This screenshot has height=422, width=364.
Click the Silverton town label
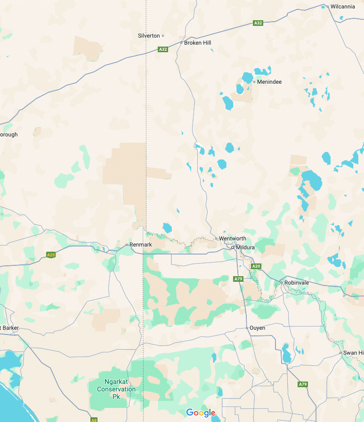[149, 36]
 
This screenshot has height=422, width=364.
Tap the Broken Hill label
[197, 43]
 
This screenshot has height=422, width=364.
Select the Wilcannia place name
[342, 7]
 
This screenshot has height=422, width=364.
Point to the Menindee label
[269, 82]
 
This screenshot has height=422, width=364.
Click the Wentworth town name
[232, 239]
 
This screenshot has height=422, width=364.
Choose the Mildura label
[245, 247]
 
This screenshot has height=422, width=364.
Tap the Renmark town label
[141, 245]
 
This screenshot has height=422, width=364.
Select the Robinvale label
[296, 282]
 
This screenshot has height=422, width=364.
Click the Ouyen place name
[257, 328]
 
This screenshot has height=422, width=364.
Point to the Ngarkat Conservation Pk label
[116, 389]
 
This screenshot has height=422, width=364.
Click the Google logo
[201, 413]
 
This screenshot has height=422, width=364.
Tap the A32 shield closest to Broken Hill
[163, 49]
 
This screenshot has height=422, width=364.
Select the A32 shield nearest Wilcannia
[258, 23]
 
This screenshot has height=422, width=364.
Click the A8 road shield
[94, 420]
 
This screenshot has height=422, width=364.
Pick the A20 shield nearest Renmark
[51, 255]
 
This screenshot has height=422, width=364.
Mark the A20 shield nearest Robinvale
[256, 266]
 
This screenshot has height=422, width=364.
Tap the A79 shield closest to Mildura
[238, 279]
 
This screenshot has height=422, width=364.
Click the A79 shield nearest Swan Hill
[303, 384]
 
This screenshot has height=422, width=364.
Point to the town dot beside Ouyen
[247, 328]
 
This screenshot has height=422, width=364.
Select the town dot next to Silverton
[163, 36]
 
